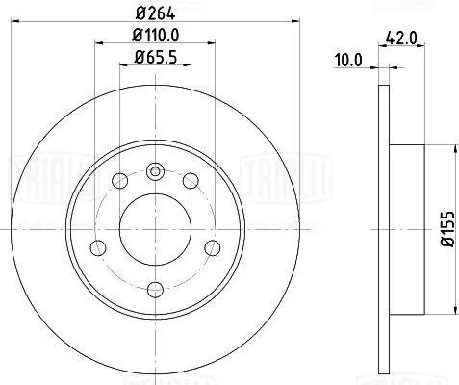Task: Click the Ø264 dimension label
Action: (155, 12)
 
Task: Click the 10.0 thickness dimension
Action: (349, 59)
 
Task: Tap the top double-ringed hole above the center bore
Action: (155, 172)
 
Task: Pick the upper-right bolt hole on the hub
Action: (191, 181)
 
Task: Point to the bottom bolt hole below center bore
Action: (155, 286)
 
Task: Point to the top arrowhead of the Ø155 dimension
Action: (452, 147)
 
